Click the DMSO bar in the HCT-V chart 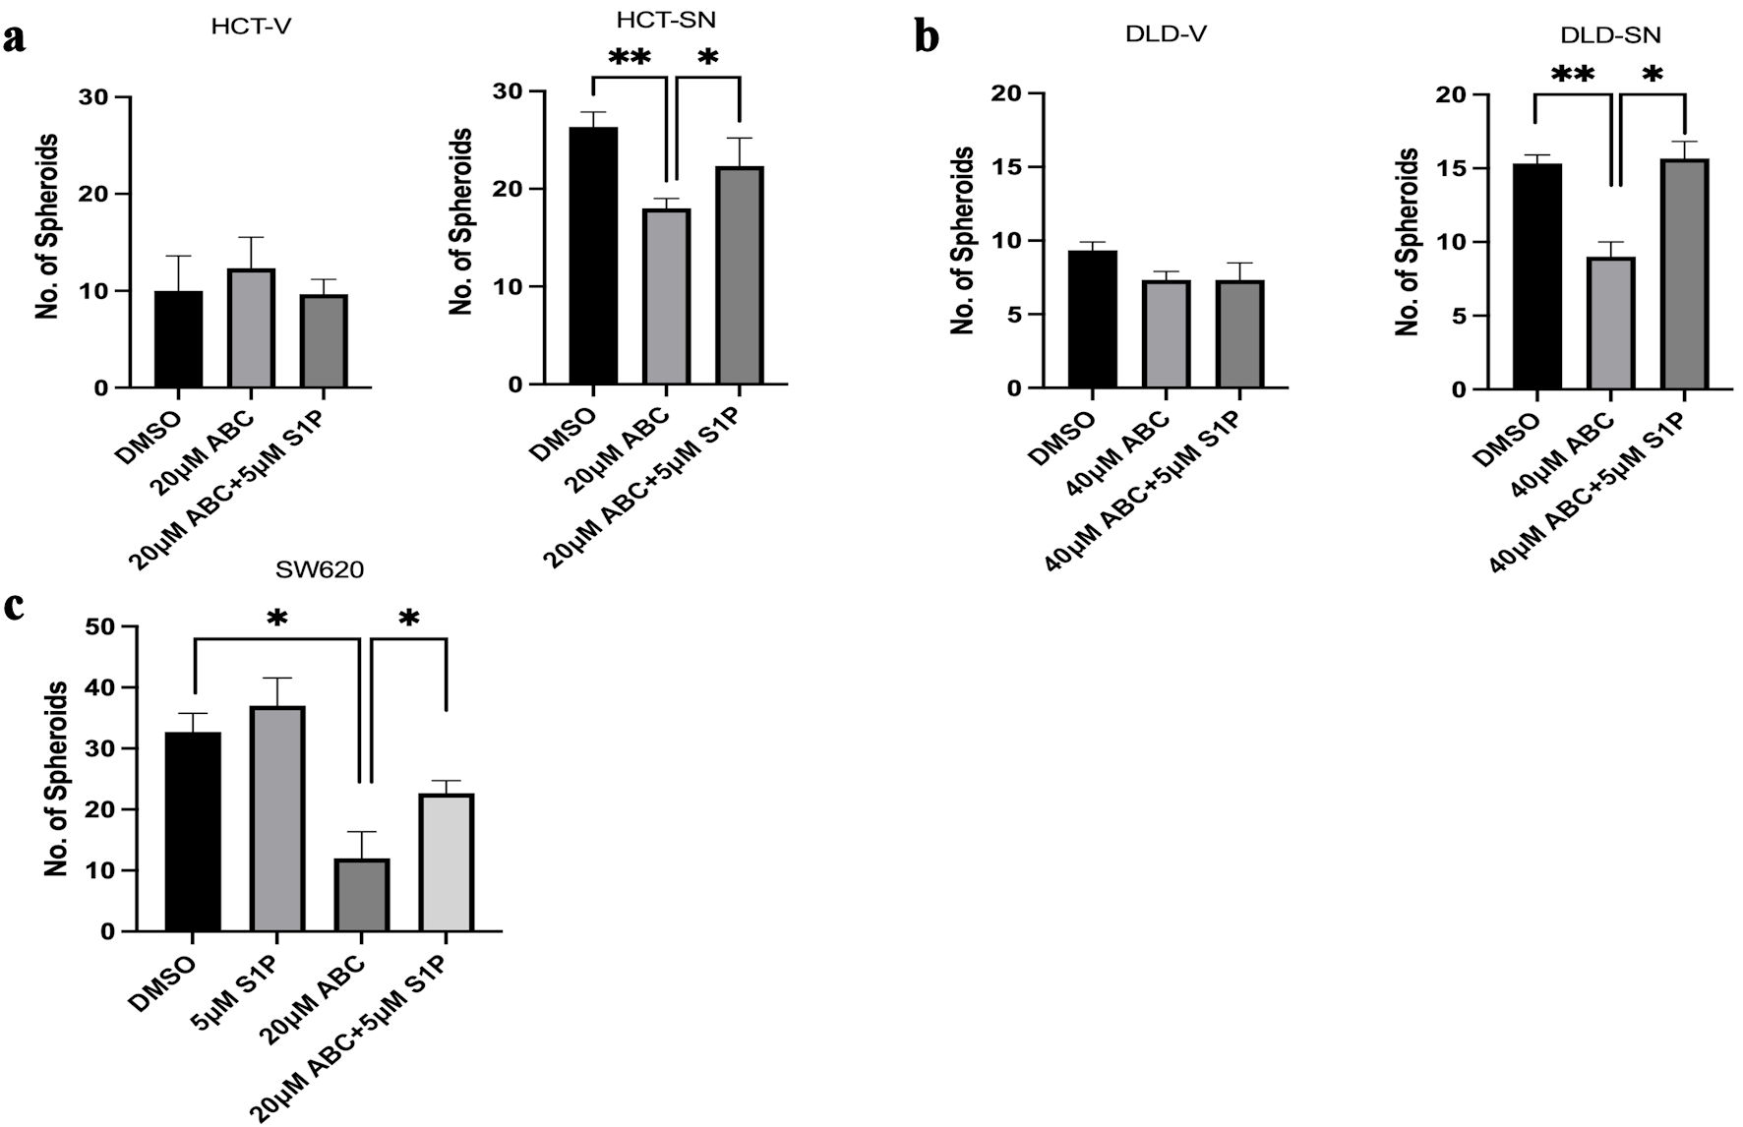pyautogui.click(x=178, y=339)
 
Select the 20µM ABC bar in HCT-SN pyautogui.click(x=666, y=297)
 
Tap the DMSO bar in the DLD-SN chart pyautogui.click(x=1537, y=276)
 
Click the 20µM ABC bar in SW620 pyautogui.click(x=362, y=895)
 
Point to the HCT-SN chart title pyautogui.click(x=667, y=21)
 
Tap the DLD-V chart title pyautogui.click(x=1166, y=35)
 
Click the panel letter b pyautogui.click(x=927, y=37)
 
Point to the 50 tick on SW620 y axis pyautogui.click(x=99, y=626)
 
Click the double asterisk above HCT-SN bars pyautogui.click(x=630, y=58)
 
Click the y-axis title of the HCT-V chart pyautogui.click(x=46, y=226)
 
